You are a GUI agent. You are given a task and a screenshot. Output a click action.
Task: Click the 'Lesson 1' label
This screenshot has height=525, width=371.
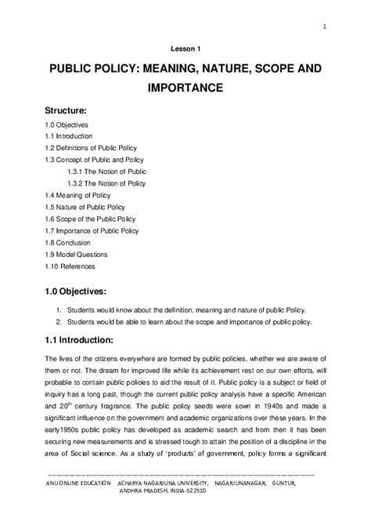click(185, 47)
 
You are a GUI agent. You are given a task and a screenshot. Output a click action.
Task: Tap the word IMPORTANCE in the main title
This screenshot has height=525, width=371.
click(185, 89)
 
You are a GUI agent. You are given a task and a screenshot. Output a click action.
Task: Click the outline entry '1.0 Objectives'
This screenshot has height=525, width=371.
click(67, 125)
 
